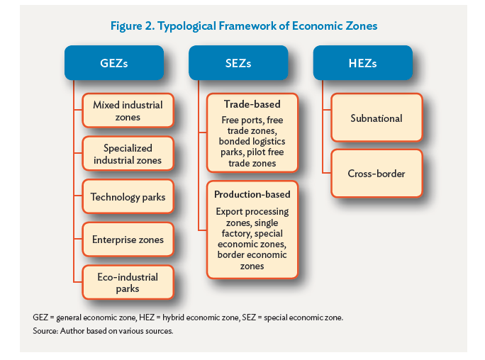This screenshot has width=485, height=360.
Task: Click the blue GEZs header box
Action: point(114,63)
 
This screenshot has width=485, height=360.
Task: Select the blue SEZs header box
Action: point(238,63)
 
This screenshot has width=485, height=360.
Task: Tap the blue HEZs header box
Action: point(363,63)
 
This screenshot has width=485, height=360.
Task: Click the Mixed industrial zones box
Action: point(128,111)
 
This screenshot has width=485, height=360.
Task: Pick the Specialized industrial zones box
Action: point(128,154)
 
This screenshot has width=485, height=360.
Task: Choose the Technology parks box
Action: point(128,196)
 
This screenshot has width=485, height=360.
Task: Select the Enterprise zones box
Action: point(128,240)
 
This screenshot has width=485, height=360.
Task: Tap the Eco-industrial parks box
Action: point(128,283)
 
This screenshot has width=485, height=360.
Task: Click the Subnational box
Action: point(377,118)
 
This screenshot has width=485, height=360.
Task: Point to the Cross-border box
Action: point(377,174)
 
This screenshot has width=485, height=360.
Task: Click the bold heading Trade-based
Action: point(252,104)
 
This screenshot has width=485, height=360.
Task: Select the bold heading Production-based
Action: point(252,194)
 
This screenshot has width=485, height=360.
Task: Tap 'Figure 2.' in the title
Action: point(133,26)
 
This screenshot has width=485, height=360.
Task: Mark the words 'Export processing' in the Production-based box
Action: point(252,212)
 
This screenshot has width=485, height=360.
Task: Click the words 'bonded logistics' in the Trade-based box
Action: point(252,141)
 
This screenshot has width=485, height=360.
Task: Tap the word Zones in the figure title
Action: point(362,26)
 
